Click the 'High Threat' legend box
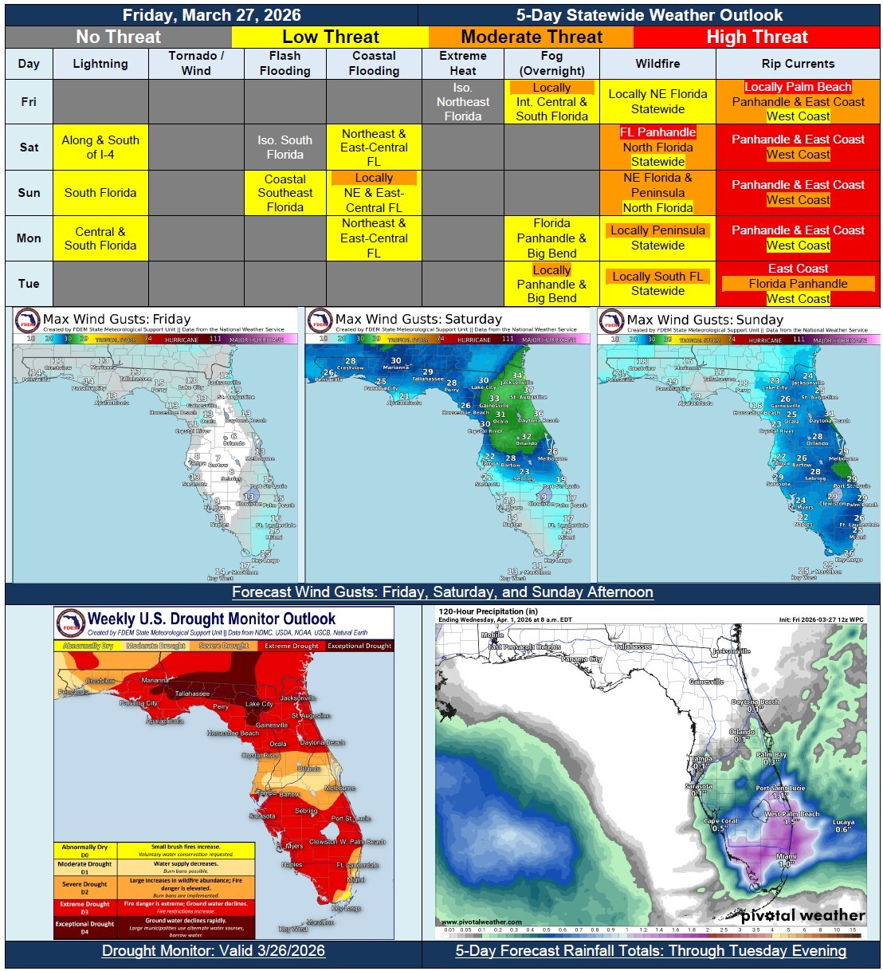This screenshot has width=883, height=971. (756, 37)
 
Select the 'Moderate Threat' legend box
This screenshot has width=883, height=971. (532, 37)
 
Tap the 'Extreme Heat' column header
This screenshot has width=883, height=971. (463, 63)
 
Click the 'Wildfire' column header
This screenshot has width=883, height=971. (657, 63)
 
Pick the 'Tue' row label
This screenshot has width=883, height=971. (29, 283)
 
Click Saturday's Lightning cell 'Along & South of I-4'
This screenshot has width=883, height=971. (100, 147)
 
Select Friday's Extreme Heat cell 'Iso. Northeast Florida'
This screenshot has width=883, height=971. (463, 101)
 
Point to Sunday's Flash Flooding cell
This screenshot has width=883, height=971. (285, 193)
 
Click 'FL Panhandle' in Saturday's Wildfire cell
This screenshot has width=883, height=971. (657, 132)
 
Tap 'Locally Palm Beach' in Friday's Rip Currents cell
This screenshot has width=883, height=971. (798, 87)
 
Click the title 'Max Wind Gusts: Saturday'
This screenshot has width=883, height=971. (418, 319)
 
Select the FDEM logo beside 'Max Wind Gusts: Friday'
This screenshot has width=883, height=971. (28, 320)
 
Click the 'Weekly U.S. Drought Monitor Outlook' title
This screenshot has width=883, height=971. (211, 619)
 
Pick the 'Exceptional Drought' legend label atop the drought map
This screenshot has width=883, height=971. (359, 646)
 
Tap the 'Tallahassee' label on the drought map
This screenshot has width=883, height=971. (192, 694)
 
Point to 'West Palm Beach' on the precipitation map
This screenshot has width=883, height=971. (791, 814)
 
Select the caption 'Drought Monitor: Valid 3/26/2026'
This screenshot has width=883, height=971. (214, 950)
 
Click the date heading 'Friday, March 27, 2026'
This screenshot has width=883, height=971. (211, 15)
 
